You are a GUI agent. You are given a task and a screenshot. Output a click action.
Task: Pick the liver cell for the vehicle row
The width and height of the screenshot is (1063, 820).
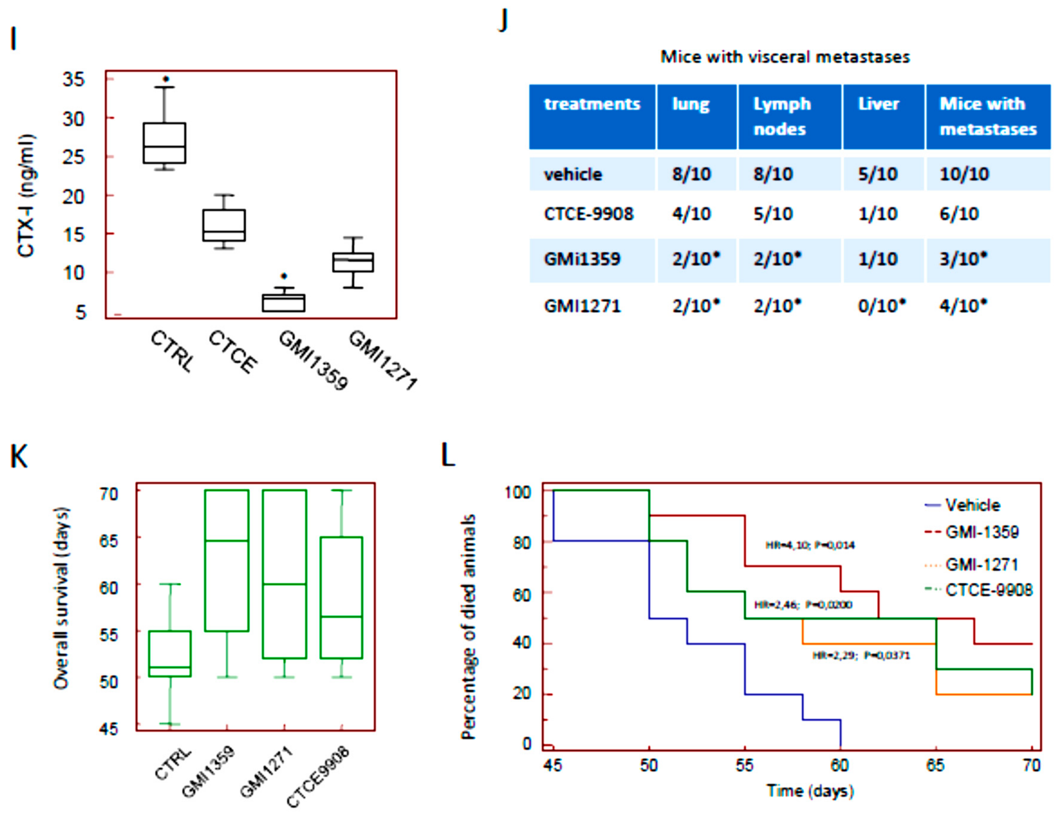click(x=878, y=174)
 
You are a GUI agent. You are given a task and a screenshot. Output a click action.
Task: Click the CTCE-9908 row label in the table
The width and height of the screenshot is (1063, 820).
click(x=589, y=214)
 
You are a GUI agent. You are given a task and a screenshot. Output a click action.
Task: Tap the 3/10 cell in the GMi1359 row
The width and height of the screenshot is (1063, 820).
click(x=963, y=259)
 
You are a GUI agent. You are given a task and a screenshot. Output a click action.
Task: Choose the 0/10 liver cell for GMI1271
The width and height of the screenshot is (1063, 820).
click(x=881, y=306)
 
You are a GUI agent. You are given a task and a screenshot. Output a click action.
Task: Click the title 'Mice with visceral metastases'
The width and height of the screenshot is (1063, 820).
click(x=785, y=57)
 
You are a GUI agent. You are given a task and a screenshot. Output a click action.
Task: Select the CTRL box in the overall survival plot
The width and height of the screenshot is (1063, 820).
click(x=170, y=654)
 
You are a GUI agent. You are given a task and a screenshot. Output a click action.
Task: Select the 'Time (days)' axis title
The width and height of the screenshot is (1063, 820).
click(x=810, y=791)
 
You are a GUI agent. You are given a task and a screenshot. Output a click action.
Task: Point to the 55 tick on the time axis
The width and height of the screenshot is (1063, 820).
click(x=744, y=766)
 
